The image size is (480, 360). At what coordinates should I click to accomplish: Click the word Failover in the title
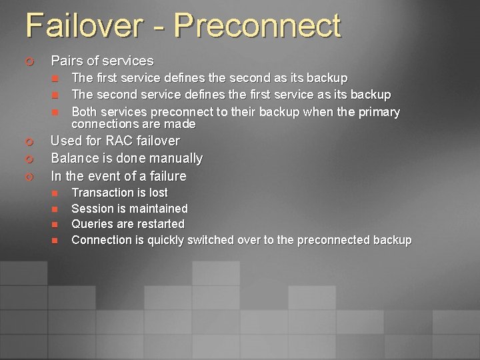tap(83, 26)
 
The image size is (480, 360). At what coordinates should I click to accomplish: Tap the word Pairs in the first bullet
tap(66, 61)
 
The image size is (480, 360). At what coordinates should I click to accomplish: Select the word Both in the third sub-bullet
tap(83, 112)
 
